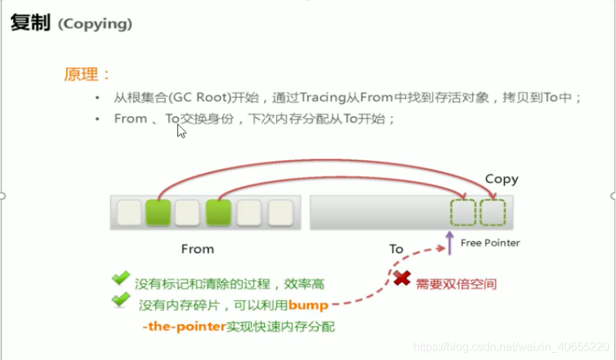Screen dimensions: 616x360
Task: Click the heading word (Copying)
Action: coord(95,24)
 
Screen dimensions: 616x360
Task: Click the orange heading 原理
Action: coord(82,74)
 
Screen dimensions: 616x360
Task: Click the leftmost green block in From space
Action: coord(158,212)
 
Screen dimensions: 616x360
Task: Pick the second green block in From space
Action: coord(219,212)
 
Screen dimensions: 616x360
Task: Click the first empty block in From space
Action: coord(129,212)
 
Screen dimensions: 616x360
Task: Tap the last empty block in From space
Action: coord(281,212)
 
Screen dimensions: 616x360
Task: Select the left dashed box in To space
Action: coord(463,213)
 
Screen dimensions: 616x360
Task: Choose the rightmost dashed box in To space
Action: coord(493,213)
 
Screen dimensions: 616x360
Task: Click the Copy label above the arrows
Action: coord(502,179)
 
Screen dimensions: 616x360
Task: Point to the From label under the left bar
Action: coord(198,249)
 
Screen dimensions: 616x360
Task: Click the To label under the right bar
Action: coord(397,249)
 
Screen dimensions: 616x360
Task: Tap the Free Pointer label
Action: coord(490,243)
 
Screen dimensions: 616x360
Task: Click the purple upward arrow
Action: coord(450,243)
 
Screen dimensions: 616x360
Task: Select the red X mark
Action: coord(402,278)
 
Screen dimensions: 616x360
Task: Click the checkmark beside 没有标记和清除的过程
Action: coord(120,278)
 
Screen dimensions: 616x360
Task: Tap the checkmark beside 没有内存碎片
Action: coord(120,300)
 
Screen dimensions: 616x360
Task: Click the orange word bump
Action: coord(308,305)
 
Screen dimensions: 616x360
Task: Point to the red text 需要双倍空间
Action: coord(457,284)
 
